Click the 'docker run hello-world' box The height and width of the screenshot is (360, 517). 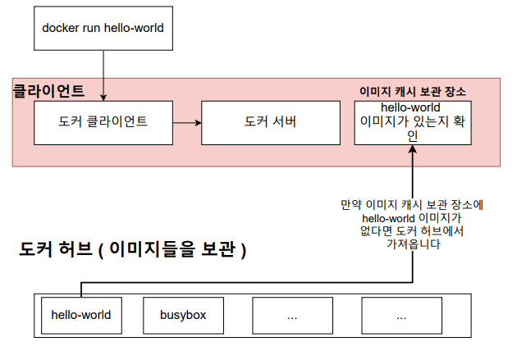coord(103,28)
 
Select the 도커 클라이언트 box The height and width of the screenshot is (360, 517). coord(103,122)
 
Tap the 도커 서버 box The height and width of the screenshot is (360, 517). coord(270,122)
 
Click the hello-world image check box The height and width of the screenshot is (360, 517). coord(412,122)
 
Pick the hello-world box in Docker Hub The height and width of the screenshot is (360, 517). coord(80,315)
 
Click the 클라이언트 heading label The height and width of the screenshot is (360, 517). coord(48,90)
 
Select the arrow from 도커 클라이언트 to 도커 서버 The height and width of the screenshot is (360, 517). coord(186,123)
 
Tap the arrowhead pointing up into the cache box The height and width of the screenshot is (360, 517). coord(412,150)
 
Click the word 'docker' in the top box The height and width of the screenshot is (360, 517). coord(60,28)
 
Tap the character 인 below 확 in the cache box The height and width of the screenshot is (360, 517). coord(412,136)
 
